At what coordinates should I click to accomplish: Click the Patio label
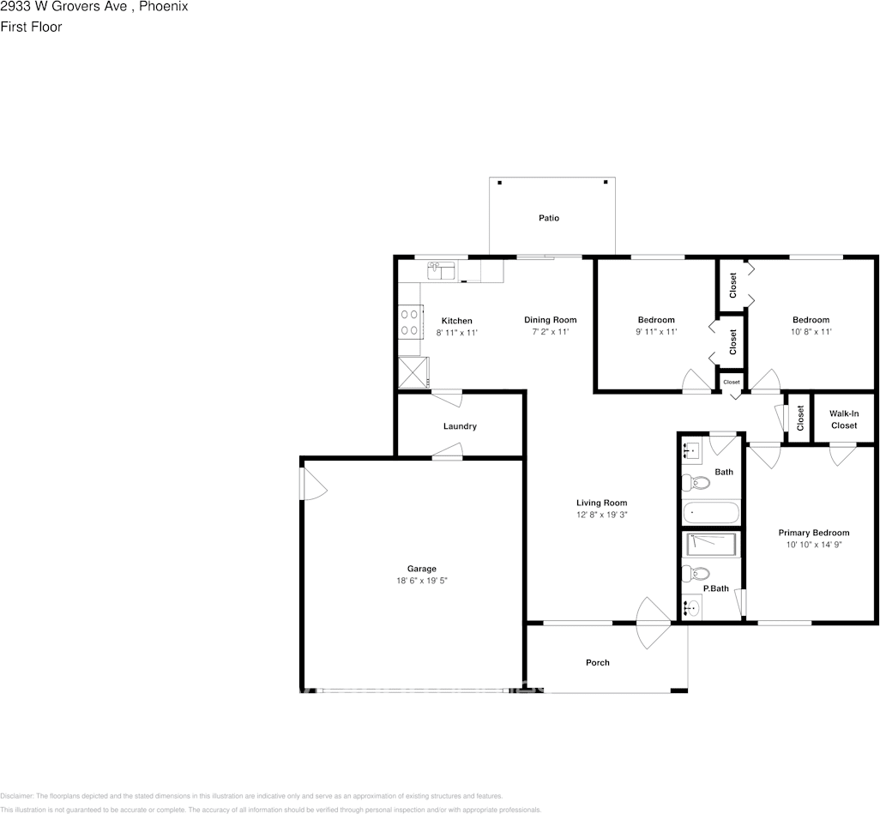coord(549,218)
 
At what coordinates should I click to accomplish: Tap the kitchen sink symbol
coord(442,270)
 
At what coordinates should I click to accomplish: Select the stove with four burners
coord(409,323)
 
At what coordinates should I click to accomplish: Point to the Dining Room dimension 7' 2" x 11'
coord(550,331)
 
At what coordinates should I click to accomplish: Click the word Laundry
coord(460,426)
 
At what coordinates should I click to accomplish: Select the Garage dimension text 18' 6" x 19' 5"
coord(421,581)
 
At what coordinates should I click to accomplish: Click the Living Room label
coord(601,503)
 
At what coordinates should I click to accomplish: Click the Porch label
coord(598,662)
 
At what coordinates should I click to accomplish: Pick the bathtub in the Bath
coord(710,513)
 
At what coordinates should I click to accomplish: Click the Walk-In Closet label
coord(843,419)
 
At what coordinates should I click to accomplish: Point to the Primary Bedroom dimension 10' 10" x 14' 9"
coord(814,545)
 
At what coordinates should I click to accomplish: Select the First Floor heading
coord(31,27)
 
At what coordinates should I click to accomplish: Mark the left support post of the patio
coord(500,182)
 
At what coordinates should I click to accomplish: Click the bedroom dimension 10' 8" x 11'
coord(811,331)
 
